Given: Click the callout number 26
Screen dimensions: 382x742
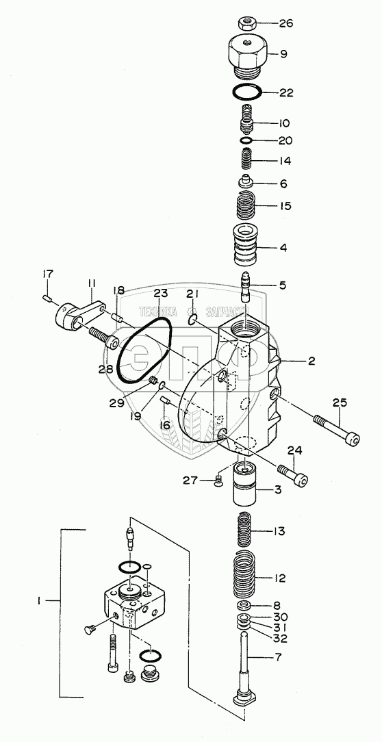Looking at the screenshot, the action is [x=285, y=23].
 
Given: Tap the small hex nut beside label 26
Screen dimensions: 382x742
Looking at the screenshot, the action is [x=246, y=23].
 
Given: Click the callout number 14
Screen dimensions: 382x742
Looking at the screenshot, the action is [x=284, y=161].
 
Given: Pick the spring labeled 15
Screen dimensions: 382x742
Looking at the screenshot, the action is [x=246, y=207].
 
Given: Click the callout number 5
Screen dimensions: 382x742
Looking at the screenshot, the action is [x=282, y=285].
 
